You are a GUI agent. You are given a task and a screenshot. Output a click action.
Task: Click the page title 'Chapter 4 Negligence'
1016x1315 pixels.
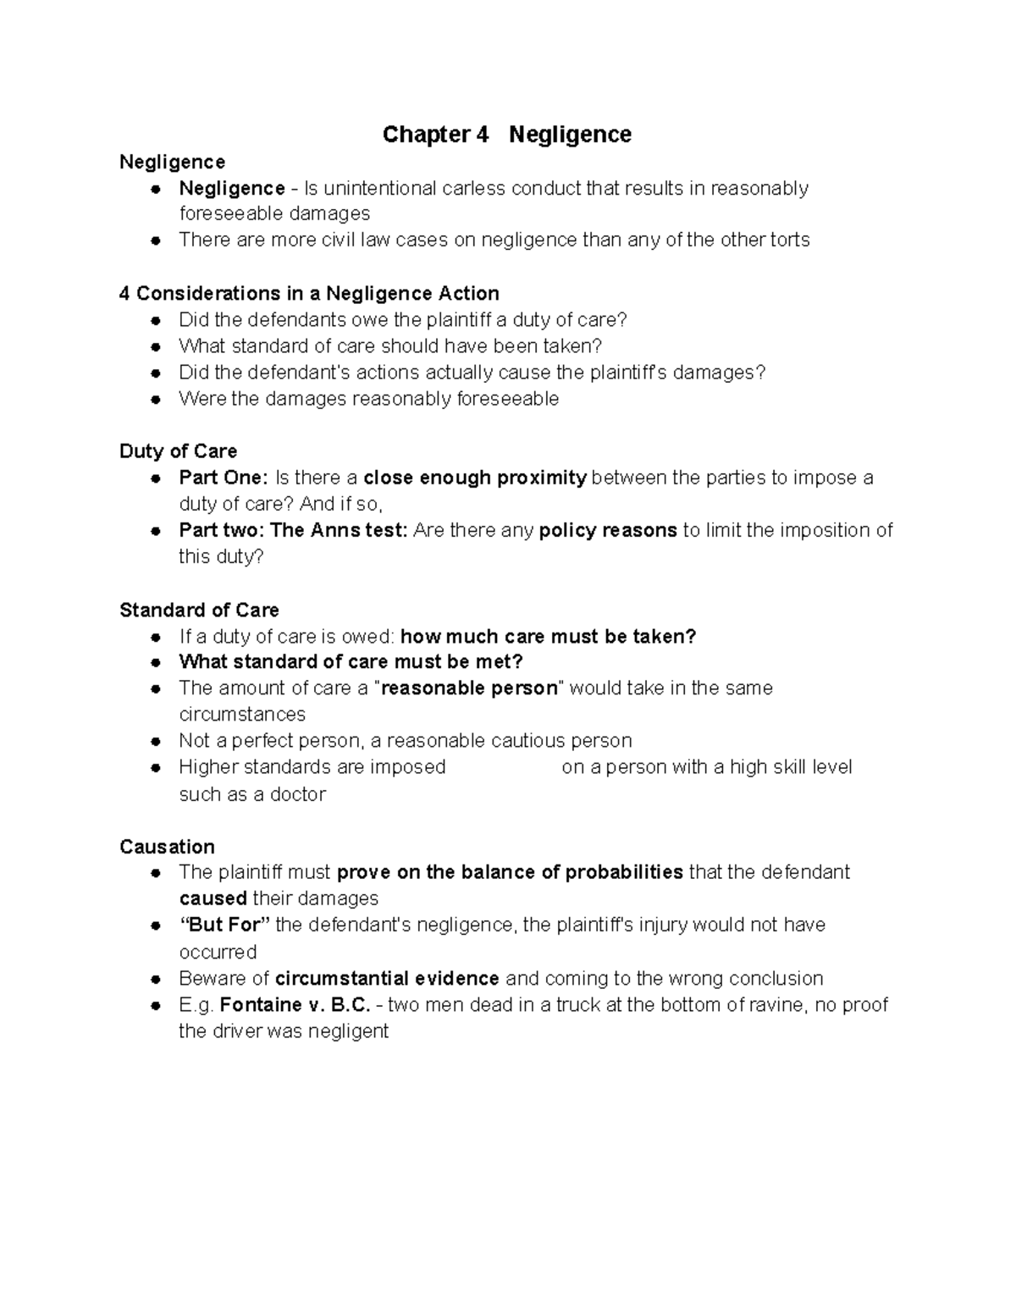(x=506, y=135)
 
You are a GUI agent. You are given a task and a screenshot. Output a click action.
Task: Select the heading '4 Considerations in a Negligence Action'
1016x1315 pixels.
(x=309, y=294)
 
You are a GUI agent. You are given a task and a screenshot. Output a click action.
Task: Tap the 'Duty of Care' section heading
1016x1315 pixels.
(x=178, y=451)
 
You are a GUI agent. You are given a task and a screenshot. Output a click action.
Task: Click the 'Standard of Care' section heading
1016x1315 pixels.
(x=199, y=611)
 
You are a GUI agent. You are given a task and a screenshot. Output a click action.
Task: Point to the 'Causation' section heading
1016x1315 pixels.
(x=167, y=847)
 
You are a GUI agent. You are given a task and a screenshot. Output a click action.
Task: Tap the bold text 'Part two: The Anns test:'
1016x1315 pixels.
(x=293, y=531)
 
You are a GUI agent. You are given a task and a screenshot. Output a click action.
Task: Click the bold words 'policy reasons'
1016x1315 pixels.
(x=607, y=531)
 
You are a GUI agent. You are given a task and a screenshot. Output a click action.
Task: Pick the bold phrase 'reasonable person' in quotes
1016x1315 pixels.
(x=470, y=688)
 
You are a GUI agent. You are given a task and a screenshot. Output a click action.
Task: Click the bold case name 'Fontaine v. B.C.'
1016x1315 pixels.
(x=295, y=1005)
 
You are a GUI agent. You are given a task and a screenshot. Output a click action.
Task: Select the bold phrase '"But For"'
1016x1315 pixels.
(x=224, y=925)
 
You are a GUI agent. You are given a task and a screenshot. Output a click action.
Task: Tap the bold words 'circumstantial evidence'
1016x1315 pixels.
(x=387, y=979)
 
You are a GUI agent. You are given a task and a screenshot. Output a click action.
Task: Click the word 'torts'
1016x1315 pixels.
(x=789, y=240)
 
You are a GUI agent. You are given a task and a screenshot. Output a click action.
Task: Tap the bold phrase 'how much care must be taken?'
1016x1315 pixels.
(x=548, y=637)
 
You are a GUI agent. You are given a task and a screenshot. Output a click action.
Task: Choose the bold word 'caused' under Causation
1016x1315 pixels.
(x=213, y=899)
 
